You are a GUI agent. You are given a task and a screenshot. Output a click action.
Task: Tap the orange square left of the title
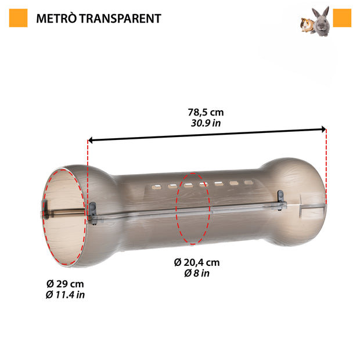point(19,18)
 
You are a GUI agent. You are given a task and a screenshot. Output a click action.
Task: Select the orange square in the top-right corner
point(342,18)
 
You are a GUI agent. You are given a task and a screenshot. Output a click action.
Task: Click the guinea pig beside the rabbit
point(306,26)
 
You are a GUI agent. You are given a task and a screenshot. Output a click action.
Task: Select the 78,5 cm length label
point(206,112)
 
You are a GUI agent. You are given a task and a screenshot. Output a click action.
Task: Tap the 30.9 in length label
point(206,123)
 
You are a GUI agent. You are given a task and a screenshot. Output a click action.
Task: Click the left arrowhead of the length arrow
point(92,140)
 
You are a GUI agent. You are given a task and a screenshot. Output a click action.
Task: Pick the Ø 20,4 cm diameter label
point(197,262)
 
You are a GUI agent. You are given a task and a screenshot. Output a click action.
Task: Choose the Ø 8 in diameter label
point(197,273)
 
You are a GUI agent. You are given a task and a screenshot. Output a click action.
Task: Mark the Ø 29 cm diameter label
point(65,284)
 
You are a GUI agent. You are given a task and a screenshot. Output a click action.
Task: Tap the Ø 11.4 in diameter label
point(65,295)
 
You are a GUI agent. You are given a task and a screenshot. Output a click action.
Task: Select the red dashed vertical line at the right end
point(326,168)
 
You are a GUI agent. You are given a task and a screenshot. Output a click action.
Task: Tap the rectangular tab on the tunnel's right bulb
point(308,210)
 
